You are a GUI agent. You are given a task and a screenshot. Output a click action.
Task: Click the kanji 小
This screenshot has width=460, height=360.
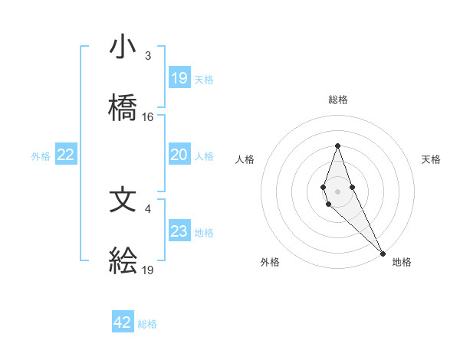[123, 47]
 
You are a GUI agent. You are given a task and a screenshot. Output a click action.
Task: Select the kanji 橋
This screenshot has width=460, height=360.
[123, 109]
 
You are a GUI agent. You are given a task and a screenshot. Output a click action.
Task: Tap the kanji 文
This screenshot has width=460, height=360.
[123, 200]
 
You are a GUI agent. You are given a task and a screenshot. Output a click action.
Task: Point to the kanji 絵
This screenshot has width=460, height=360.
[123, 262]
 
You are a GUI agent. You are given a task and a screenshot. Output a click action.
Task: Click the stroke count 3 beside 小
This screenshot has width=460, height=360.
[148, 56]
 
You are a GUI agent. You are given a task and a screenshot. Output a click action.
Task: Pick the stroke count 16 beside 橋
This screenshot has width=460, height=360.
[148, 117]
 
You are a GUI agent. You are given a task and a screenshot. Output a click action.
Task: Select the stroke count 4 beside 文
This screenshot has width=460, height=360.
[148, 208]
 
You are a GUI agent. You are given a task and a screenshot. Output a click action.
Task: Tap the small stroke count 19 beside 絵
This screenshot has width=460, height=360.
[148, 270]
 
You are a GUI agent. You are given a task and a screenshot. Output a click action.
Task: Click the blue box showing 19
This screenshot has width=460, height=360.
[179, 78]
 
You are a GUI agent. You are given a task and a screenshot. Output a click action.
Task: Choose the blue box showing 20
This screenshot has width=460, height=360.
[179, 155]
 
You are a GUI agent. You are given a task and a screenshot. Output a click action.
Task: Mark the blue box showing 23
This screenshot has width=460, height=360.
[179, 231]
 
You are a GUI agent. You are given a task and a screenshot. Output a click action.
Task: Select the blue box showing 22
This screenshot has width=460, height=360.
[66, 155]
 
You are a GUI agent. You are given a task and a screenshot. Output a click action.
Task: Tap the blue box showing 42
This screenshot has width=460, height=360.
[123, 322]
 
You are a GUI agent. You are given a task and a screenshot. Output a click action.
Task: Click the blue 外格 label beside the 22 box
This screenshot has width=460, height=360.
[41, 156]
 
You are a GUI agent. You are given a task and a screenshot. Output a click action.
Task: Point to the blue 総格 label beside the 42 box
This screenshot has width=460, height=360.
[147, 324]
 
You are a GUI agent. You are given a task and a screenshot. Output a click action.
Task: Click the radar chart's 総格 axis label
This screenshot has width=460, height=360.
[337, 100]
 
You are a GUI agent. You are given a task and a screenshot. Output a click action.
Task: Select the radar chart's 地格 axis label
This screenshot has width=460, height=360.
[402, 262]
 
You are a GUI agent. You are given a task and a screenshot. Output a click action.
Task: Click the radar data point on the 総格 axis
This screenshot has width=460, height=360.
[337, 146]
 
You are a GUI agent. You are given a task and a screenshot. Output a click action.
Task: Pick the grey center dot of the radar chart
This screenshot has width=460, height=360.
[337, 191]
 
